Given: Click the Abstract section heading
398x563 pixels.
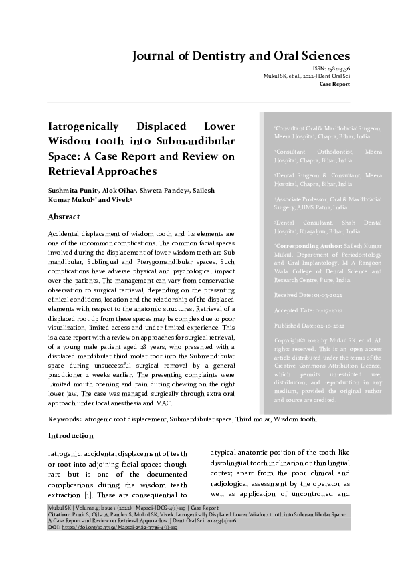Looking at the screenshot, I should pyautogui.click(x=64, y=217).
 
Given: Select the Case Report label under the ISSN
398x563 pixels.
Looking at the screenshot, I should pyautogui.click(x=334, y=84).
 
